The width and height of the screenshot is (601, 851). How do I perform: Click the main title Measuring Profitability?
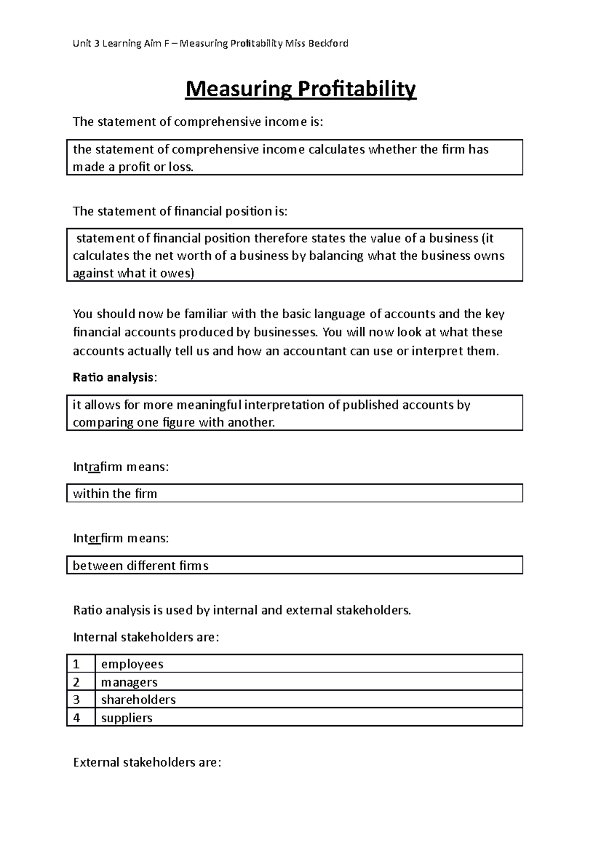coord(300,90)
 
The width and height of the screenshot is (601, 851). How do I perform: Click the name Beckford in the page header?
coord(328,44)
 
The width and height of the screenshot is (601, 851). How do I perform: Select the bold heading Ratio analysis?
coord(113,377)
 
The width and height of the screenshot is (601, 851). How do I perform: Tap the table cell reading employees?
coord(132,664)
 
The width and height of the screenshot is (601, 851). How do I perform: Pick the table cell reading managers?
coord(129,682)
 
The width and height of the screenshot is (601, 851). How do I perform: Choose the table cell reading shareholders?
coord(138,700)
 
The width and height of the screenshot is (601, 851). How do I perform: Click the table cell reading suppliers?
coord(127,718)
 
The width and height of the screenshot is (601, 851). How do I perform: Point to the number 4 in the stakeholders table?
coord(76,718)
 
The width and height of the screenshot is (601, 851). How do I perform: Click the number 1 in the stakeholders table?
coord(76,664)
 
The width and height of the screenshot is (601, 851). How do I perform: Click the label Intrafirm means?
coord(121,467)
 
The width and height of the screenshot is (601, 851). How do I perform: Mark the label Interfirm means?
coord(121,539)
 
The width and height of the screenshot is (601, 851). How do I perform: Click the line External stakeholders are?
coord(147,763)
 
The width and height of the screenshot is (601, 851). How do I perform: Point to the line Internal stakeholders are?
coord(146,637)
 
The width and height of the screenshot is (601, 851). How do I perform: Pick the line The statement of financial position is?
coord(180,211)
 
